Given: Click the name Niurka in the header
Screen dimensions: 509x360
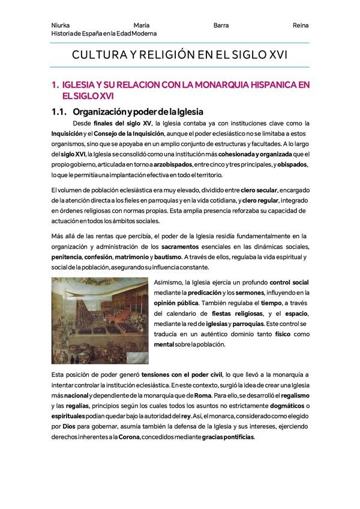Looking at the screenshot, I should click(x=61, y=26).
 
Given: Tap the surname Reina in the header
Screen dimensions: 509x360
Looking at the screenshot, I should click(x=301, y=26).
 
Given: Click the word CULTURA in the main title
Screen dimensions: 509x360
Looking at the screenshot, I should click(x=98, y=55).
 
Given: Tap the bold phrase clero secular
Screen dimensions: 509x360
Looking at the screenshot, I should click(x=259, y=190).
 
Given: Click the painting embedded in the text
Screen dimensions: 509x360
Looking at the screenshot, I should click(x=99, y=321).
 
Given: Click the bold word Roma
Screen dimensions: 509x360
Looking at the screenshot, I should click(x=202, y=396).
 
